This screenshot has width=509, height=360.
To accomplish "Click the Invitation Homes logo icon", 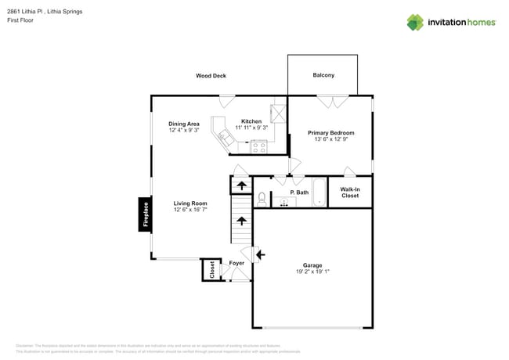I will click(x=415, y=22).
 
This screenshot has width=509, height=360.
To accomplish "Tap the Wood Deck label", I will click(x=211, y=76).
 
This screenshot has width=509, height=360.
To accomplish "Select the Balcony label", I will click(x=323, y=76).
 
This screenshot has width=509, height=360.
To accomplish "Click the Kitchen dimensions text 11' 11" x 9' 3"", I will click(x=251, y=128).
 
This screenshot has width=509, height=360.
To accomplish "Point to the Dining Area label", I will click(x=184, y=124).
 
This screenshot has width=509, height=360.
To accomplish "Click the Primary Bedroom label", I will click(x=330, y=133).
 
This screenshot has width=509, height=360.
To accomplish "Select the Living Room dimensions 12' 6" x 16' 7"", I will click(x=190, y=210).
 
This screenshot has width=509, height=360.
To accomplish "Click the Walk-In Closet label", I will click(x=350, y=193).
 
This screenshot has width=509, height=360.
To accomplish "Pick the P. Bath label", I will click(x=299, y=193).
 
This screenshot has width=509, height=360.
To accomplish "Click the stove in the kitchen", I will click(x=258, y=146).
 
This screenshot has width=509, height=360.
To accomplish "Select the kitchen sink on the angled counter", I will click(x=226, y=138).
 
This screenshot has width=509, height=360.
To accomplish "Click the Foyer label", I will click(x=236, y=263).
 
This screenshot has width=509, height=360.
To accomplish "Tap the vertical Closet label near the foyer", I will click(x=211, y=269).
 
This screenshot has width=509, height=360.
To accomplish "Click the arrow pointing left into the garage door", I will click(x=260, y=254).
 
